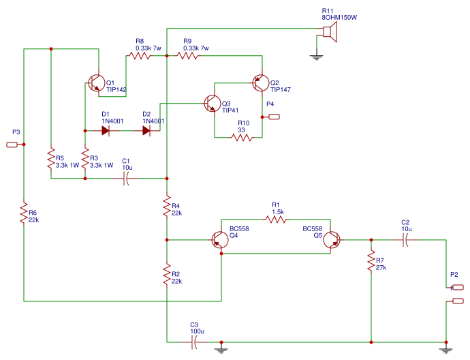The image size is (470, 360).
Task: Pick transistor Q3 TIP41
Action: [x=212, y=104]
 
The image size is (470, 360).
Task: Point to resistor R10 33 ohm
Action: [x=242, y=138]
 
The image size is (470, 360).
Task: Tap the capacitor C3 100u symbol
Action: [x=195, y=342]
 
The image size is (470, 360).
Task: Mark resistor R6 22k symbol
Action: [x=24, y=213]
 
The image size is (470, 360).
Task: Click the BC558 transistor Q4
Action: [x=220, y=241]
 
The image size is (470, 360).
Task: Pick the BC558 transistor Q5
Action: [x=332, y=241]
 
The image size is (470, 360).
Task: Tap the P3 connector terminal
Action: [x=12, y=145]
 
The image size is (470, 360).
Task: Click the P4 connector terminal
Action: [x=274, y=117]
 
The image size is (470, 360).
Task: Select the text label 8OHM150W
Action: [x=339, y=17]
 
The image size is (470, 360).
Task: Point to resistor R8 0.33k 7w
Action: [x=140, y=56]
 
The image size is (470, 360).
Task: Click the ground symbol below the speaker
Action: [x=315, y=57]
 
